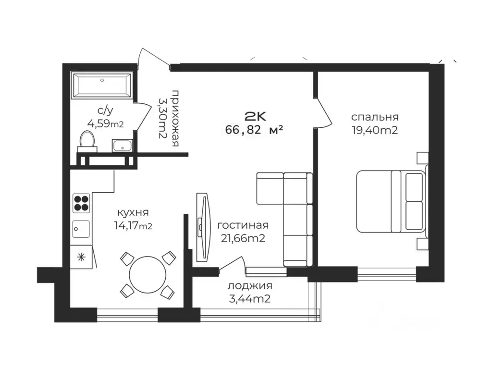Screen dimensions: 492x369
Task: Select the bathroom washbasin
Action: pos(123,146)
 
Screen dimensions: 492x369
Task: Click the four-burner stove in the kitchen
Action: pos(81,203)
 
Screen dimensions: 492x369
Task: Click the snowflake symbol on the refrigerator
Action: pos(81,258)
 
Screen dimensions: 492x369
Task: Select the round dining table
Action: pos(148,274)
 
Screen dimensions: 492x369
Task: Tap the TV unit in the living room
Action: pos(202,227)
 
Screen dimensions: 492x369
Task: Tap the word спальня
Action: pos(375,117)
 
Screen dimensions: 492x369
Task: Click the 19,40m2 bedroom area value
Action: pos(375,130)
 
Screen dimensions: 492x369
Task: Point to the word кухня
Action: pos(133,213)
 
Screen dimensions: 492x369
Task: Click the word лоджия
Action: pos(250,286)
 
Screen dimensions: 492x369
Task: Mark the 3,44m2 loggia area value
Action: pos(250,299)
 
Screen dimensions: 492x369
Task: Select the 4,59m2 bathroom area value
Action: pos(105,124)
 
